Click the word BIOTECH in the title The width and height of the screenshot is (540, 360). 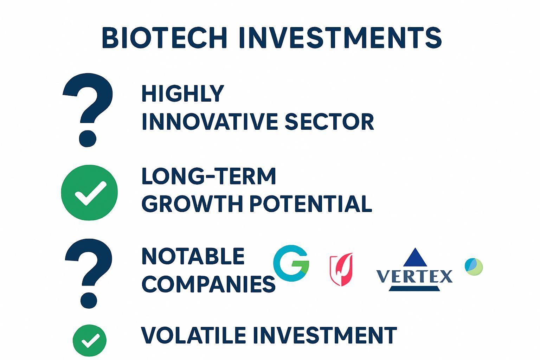tap(165, 38)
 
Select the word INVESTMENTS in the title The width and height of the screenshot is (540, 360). tap(340, 38)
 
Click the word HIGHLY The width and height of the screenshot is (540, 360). tap(183, 94)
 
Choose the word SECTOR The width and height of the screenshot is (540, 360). tap(329, 122)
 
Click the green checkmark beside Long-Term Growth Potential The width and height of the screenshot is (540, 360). tap(89, 193)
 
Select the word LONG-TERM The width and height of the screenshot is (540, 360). tap(209, 176)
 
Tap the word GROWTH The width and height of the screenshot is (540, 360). tap(192, 204)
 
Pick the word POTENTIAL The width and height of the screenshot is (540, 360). tap(311, 204)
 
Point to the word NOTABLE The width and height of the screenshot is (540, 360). tap(193, 256)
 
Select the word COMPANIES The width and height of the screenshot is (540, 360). tap(208, 284)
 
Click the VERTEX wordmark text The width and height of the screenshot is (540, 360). tap(414, 276)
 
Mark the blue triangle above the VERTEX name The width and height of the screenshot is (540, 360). tap(415, 258)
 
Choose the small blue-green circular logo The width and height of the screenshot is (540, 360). tap(474, 267)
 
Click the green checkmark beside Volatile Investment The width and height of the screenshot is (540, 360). tap(89, 340)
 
